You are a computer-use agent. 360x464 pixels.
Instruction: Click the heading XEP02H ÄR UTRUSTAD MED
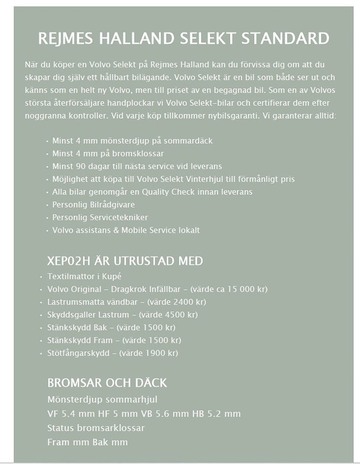[125, 261]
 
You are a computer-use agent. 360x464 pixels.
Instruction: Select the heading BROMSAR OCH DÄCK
[107, 383]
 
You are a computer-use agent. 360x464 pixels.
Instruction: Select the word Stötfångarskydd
[78, 353]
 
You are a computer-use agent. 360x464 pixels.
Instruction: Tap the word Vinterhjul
[204, 179]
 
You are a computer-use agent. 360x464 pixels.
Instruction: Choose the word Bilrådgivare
[112, 205]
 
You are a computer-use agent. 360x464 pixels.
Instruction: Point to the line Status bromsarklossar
[96, 428]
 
